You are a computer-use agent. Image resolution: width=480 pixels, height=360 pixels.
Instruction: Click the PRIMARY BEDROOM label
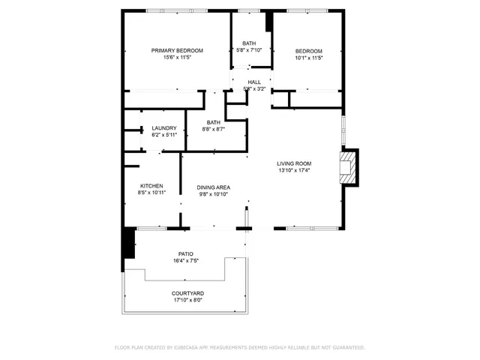[177, 51]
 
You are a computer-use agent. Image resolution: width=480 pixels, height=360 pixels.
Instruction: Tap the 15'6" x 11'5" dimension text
[177, 58]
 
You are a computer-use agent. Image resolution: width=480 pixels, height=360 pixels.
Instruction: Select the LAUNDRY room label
[163, 128]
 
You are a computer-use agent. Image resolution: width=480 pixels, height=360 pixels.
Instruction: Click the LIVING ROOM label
[294, 163]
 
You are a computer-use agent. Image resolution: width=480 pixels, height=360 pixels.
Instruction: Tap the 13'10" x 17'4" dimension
[294, 170]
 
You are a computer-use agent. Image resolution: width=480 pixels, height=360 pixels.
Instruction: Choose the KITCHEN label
[151, 186]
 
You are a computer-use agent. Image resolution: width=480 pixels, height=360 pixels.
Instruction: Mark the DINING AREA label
[213, 187]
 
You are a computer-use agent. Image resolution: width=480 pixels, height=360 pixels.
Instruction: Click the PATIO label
[187, 254]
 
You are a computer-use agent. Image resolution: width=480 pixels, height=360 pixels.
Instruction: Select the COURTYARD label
[187, 293]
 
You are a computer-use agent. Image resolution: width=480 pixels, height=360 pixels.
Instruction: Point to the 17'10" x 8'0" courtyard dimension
[187, 300]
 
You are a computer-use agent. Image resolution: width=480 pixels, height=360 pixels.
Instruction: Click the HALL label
[254, 82]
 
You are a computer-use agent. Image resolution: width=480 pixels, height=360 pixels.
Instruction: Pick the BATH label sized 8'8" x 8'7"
[214, 122]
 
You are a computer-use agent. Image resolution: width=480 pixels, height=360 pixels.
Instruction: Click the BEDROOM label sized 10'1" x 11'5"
[308, 51]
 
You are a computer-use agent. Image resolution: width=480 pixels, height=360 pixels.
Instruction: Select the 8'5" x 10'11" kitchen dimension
[151, 193]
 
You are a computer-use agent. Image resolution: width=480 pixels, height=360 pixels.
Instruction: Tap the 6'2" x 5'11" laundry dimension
[163, 135]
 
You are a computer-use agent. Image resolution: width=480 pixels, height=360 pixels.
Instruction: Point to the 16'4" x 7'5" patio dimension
[187, 261]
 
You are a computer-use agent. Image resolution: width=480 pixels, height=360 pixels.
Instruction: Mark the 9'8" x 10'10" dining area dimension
[213, 194]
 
